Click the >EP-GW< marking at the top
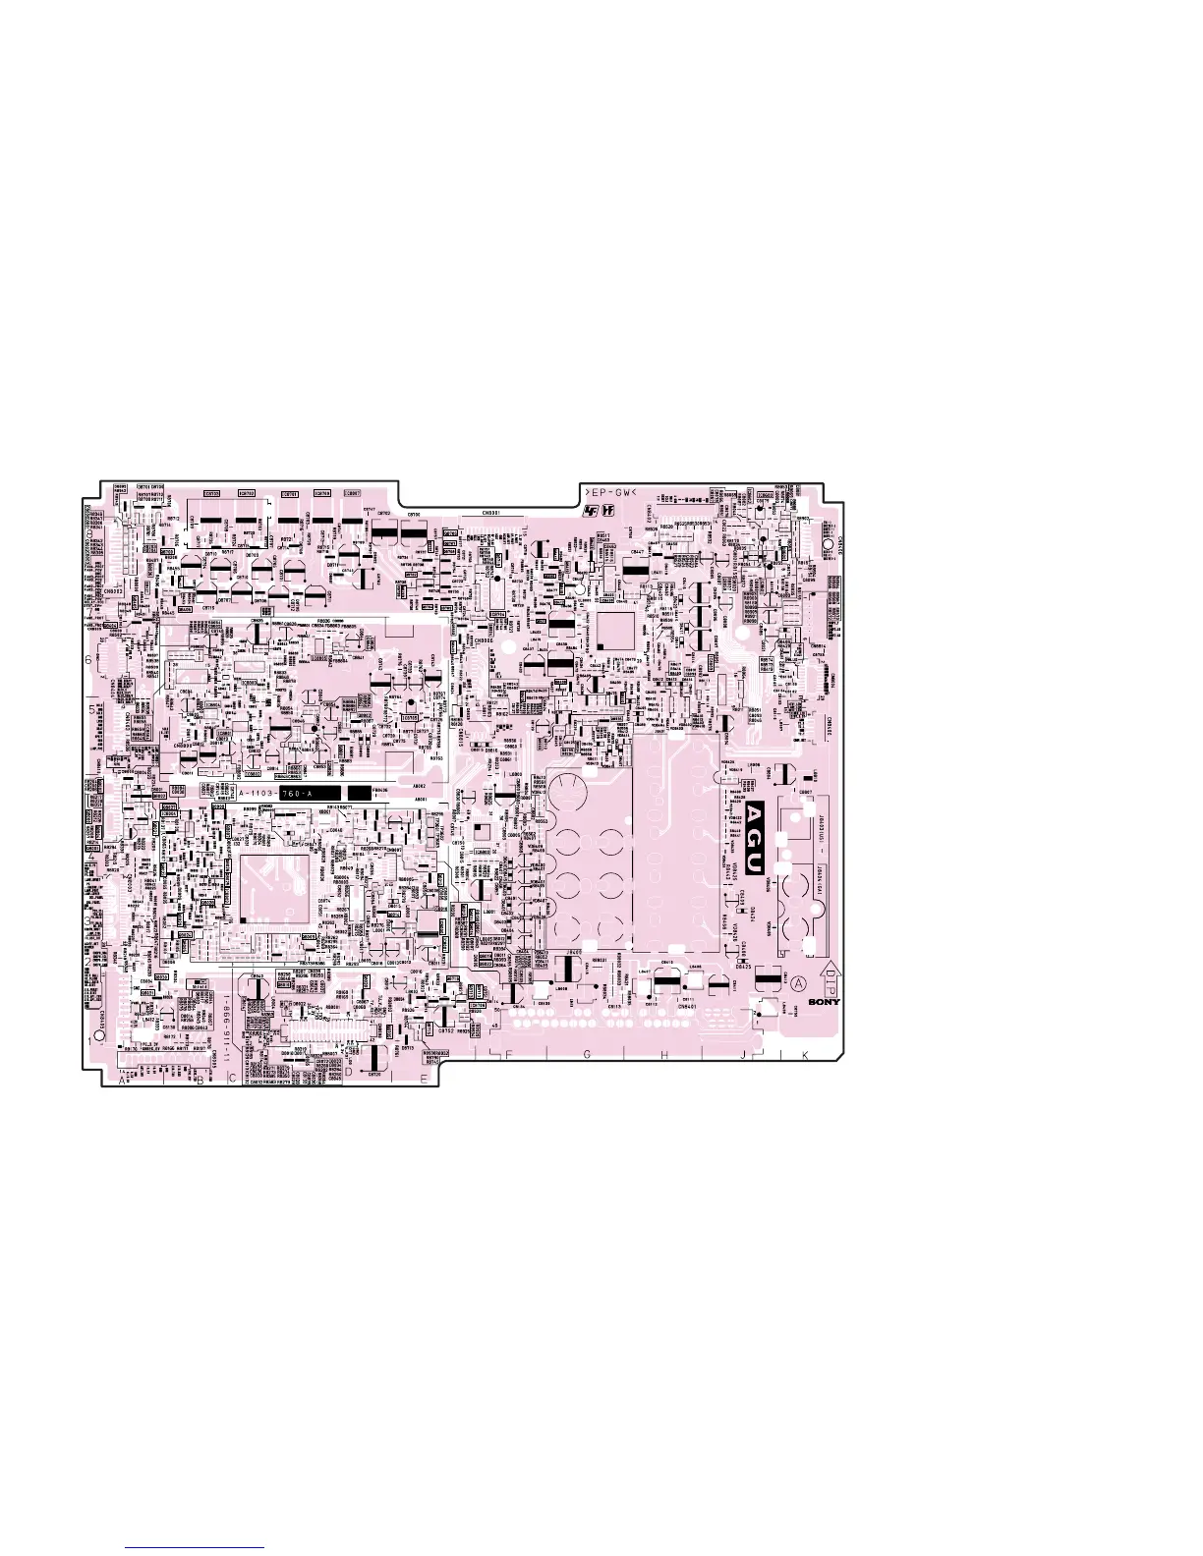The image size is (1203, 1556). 610,492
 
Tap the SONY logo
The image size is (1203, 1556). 824,1003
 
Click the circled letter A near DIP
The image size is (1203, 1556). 798,984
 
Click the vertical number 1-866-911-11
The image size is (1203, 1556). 225,1022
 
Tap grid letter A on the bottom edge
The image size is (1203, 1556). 123,1081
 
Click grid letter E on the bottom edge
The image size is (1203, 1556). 423,1080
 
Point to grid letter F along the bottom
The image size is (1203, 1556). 509,1055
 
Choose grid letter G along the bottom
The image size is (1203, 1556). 587,1055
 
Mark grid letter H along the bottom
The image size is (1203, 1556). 664,1055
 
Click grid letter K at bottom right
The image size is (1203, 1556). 804,1055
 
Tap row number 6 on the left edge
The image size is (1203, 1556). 88,661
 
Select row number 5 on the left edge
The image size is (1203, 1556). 91,707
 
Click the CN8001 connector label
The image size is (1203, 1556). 491,512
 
